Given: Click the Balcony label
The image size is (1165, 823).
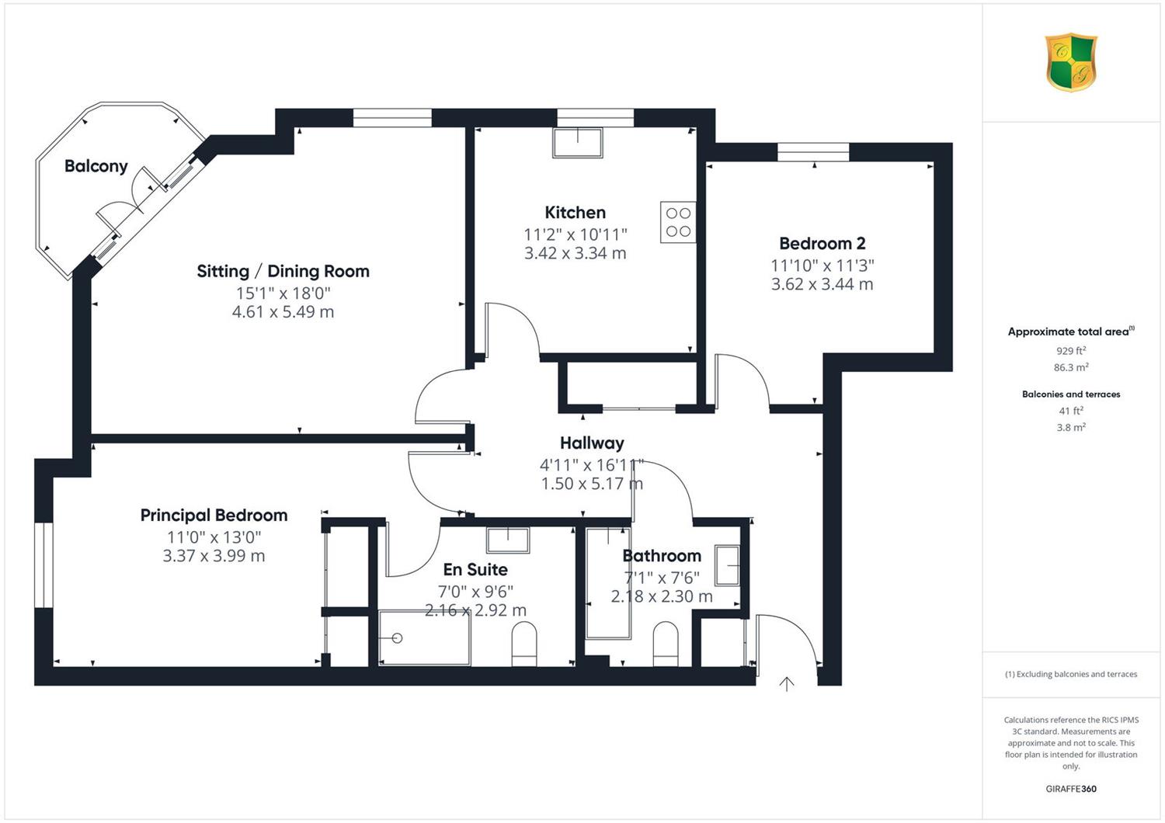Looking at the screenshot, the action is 96,166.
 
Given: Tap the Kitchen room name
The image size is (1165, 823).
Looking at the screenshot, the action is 576,212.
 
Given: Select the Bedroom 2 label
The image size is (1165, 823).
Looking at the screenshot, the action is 822,243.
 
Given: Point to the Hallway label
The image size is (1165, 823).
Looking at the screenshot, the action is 592,443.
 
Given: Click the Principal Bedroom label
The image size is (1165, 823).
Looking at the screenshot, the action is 214,516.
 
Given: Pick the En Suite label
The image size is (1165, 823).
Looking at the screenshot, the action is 475,569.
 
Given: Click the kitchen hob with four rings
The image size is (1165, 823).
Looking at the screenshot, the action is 678,222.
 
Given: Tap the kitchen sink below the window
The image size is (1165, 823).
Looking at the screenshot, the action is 578,142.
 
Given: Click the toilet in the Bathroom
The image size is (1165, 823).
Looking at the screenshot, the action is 665,644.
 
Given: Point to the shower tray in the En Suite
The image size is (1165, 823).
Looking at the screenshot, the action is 424,638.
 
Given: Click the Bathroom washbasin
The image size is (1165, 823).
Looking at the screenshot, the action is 727,565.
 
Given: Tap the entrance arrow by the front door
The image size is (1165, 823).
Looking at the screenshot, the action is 786,684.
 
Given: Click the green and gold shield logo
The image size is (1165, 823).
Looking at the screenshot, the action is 1071,62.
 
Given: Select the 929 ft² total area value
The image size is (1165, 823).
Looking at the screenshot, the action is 1071,351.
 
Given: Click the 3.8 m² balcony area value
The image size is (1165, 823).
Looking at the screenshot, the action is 1071,427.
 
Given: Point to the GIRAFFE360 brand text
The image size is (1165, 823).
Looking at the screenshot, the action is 1071,789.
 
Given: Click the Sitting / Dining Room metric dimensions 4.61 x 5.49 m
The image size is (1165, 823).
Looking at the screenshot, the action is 283,312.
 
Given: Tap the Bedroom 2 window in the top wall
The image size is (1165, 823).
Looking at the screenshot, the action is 813,152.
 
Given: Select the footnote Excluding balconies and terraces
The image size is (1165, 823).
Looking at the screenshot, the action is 1071,674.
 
